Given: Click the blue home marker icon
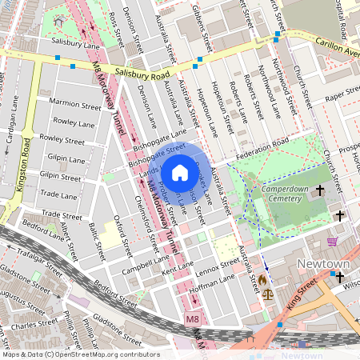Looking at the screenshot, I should (180, 172).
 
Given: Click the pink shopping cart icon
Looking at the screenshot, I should (332, 240).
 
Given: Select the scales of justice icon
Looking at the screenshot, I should (267, 294).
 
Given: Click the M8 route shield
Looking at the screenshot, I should (191, 319).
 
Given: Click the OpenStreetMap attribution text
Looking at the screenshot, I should (80, 354).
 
